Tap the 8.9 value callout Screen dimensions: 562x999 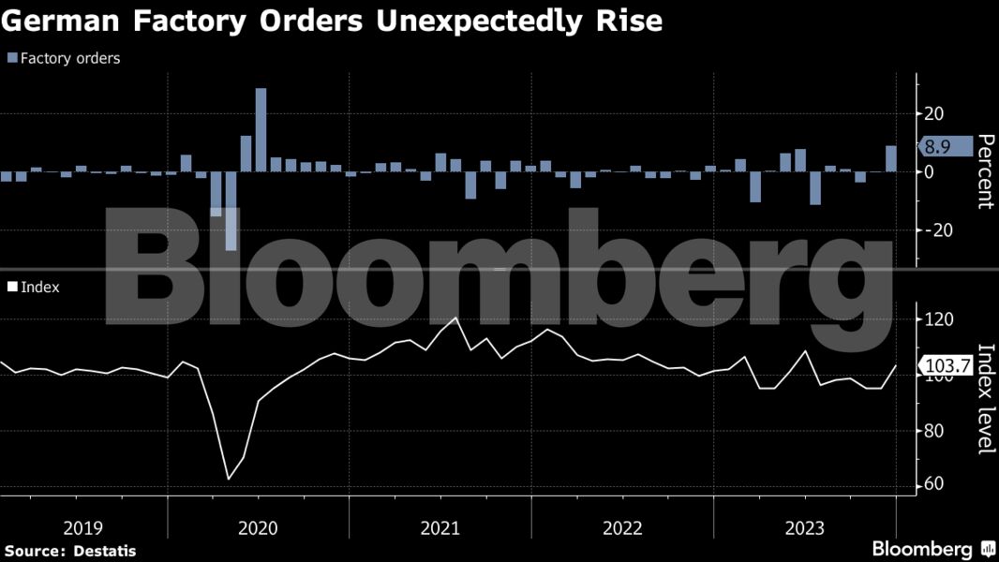tap(938, 146)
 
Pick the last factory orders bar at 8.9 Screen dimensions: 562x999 tap(890, 158)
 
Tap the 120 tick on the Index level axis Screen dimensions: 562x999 tap(938, 320)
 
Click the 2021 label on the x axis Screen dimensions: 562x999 tap(440, 528)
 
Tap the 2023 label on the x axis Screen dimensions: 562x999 tap(804, 528)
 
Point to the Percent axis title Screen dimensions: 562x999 tap(985, 171)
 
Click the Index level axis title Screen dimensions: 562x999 tap(985, 399)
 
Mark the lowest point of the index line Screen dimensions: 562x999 tap(229, 479)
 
